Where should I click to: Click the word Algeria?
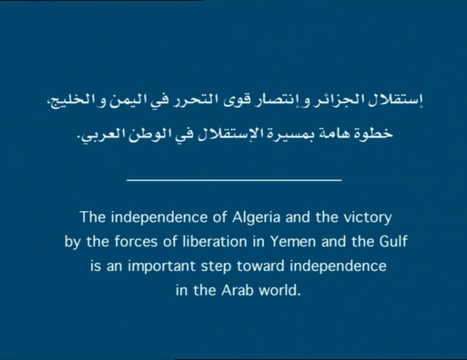pos(256,217)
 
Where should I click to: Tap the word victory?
pos(368,218)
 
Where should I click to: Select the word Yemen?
pos(293,241)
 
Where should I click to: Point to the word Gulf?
pos(393,241)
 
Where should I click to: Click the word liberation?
pos(215,241)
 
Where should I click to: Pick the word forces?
pos(136,241)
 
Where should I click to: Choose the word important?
pos(161,266)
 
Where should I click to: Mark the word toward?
pos(260,266)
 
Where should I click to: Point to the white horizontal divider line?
pos(234,180)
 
